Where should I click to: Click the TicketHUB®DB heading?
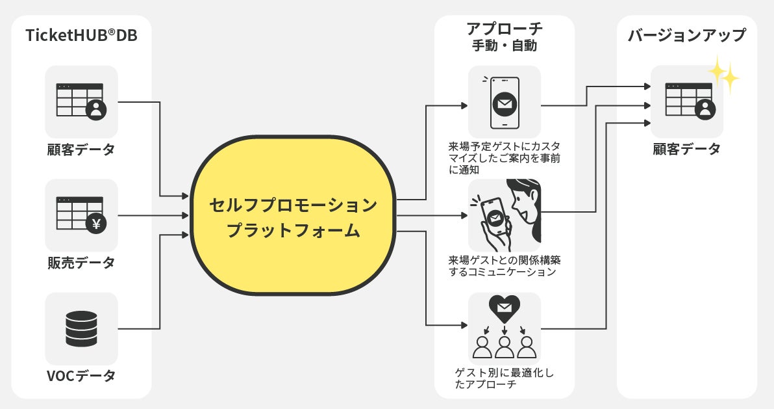pos(81,36)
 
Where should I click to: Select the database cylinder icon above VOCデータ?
pos(81,328)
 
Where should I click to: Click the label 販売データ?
pos(81,263)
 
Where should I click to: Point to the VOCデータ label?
pos(81,376)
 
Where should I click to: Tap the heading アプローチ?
pos(504,29)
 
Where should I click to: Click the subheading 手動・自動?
pos(504,46)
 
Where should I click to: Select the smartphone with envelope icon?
pos(504,102)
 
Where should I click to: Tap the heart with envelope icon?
pos(504,308)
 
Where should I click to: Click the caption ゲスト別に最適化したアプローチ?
pos(504,378)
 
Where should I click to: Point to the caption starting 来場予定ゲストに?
pos(504,157)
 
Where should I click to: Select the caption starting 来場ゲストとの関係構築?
pos(504,266)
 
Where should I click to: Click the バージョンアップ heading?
pos(686,36)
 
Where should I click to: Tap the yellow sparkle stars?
pos(724,75)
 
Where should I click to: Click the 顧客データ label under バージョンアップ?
pos(686,150)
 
